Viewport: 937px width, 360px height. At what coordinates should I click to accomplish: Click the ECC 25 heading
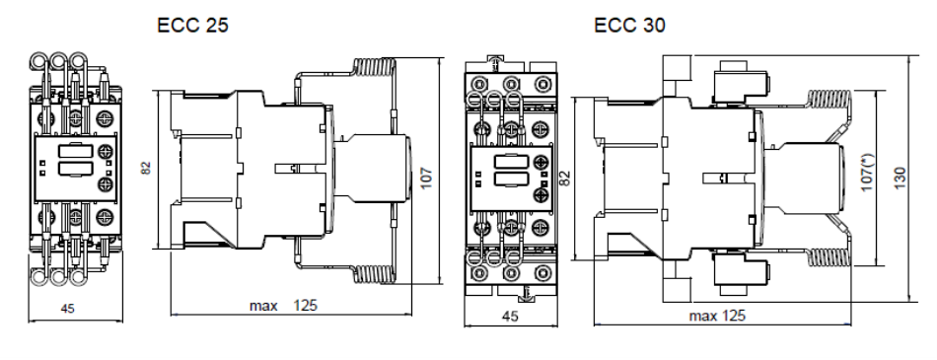192,25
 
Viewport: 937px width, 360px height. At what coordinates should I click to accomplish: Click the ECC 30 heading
629,25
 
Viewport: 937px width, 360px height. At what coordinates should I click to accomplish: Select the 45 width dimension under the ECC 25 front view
67,309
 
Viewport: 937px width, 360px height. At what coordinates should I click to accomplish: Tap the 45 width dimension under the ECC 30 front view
510,316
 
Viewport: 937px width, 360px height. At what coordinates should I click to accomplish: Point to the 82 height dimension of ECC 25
146,167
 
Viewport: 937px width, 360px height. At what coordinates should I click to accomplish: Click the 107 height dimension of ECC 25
425,178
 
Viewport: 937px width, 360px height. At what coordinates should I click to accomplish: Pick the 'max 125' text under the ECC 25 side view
284,306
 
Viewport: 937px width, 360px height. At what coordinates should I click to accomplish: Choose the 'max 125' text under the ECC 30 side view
717,316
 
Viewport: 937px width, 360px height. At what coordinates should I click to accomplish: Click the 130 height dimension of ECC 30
900,178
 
